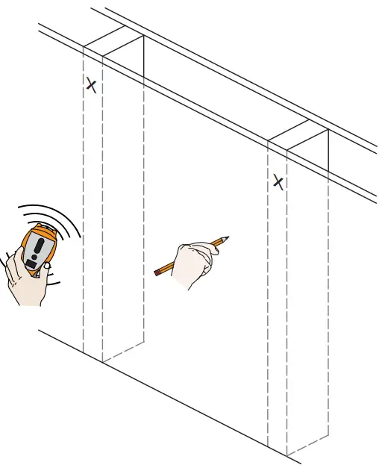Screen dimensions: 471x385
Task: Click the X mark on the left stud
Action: point(91,85)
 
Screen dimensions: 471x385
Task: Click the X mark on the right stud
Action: point(278,181)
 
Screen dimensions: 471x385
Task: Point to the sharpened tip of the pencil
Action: point(227,238)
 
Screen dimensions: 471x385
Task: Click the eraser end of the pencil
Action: point(156,273)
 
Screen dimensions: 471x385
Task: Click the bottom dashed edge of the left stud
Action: point(123,355)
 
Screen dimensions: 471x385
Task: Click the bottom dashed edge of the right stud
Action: point(307,446)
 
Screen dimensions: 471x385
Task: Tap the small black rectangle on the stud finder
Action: point(31,263)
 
